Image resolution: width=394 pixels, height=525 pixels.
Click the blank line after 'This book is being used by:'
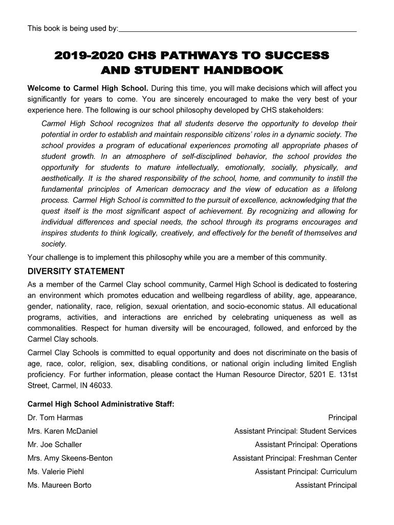pos(237,30)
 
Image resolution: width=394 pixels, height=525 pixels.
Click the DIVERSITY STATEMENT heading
pos(76,271)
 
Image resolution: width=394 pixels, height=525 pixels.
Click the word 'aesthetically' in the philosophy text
pos(64,178)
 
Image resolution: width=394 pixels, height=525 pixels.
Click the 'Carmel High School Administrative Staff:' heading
pos(101,404)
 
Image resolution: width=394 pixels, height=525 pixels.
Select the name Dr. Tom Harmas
pos(55,418)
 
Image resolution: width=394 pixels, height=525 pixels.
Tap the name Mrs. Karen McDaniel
pos(62,431)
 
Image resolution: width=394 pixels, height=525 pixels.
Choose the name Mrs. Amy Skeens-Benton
pos(70,458)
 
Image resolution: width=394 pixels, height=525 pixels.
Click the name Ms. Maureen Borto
pos(59,485)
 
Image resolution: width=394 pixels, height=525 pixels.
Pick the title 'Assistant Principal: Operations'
pos(306,445)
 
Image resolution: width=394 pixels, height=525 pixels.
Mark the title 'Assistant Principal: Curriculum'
pos(306,472)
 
